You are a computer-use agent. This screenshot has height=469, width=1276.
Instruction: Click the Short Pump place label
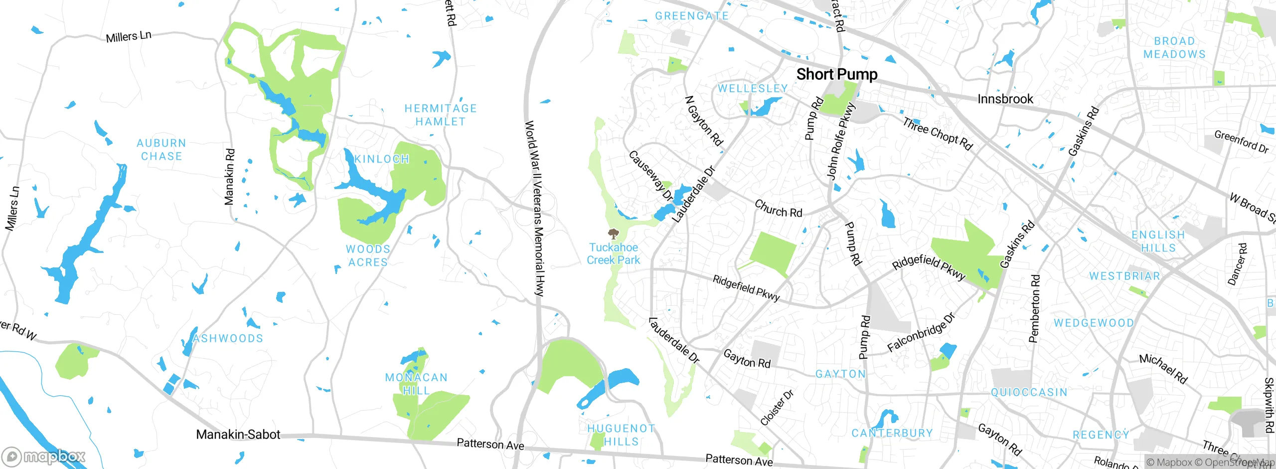(x=836, y=74)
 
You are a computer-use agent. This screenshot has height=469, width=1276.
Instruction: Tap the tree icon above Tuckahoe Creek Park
(x=614, y=234)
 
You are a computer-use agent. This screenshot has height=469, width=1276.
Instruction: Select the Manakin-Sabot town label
(x=238, y=435)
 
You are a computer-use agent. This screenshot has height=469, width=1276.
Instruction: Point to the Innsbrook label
(x=1005, y=99)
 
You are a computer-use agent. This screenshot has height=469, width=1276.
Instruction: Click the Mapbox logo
(x=44, y=456)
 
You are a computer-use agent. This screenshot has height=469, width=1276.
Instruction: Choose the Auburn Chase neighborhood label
(x=161, y=150)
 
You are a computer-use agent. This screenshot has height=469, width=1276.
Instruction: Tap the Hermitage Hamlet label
(x=441, y=115)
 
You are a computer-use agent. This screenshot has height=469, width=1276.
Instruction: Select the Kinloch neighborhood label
(x=382, y=159)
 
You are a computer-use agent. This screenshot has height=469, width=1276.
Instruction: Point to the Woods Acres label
(x=368, y=255)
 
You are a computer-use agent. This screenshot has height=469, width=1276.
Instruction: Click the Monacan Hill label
(x=416, y=384)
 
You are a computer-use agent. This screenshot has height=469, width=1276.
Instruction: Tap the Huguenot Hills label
(x=621, y=435)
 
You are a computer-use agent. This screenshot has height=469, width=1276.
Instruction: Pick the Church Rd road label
(x=778, y=209)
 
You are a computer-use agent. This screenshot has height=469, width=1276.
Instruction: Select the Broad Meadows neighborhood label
(x=1174, y=47)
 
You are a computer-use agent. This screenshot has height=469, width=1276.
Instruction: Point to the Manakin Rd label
(x=229, y=177)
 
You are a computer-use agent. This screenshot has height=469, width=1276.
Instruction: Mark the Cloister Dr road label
(x=777, y=408)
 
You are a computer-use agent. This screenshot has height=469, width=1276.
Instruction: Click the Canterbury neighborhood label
(x=892, y=433)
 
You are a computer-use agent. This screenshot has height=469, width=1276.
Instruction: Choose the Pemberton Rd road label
(x=1035, y=308)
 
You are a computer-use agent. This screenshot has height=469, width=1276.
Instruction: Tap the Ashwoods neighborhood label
(x=228, y=338)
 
